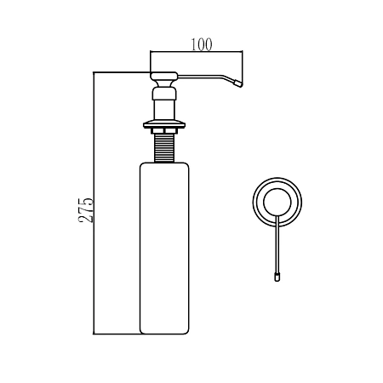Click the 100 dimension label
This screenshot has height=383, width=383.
point(201,45)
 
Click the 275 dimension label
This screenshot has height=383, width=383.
point(86,210)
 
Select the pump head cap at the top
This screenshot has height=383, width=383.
point(164,76)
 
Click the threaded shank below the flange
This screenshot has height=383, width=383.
point(164,148)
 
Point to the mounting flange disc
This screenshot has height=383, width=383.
point(164,124)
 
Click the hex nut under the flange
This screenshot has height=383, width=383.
point(164,131)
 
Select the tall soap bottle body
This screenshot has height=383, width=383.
point(164,249)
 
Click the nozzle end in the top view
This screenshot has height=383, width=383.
point(277,277)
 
